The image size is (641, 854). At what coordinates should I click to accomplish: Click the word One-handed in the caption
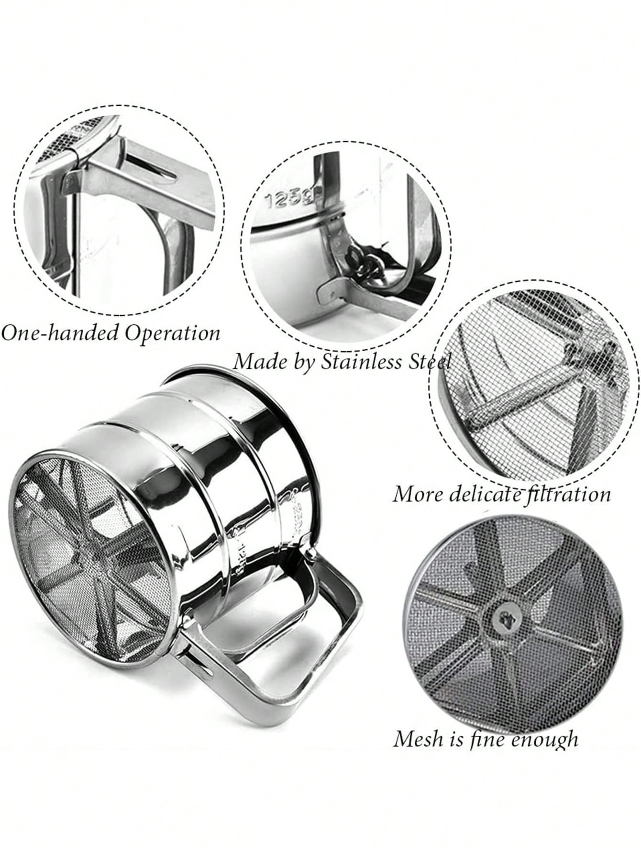point(60,332)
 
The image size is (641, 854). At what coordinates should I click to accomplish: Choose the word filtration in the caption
point(567,494)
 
